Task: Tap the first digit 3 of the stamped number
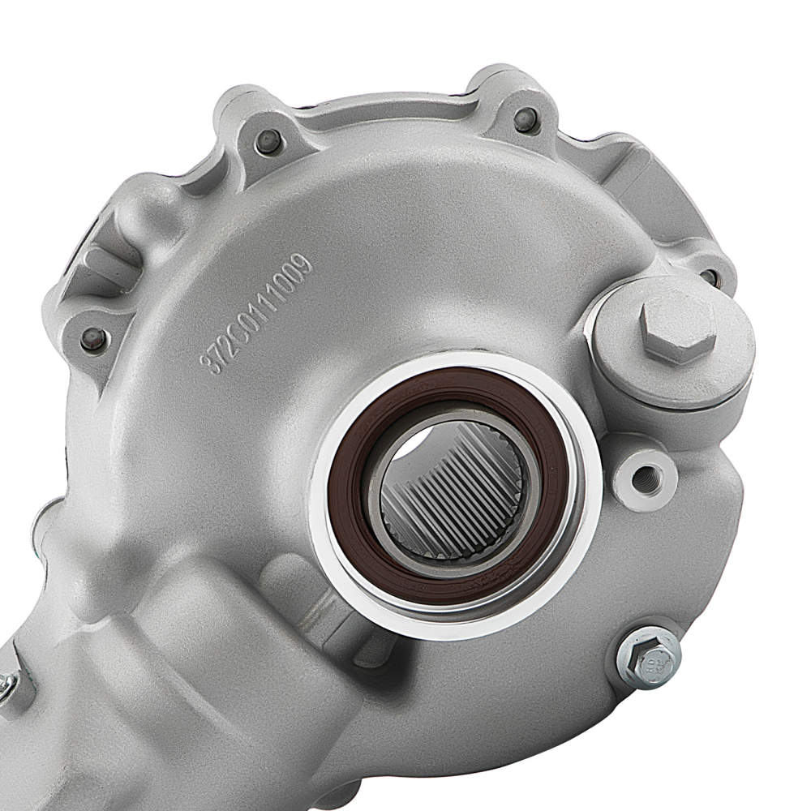click(213, 364)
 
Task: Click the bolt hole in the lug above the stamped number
click(268, 142)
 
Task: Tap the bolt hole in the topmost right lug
click(525, 119)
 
